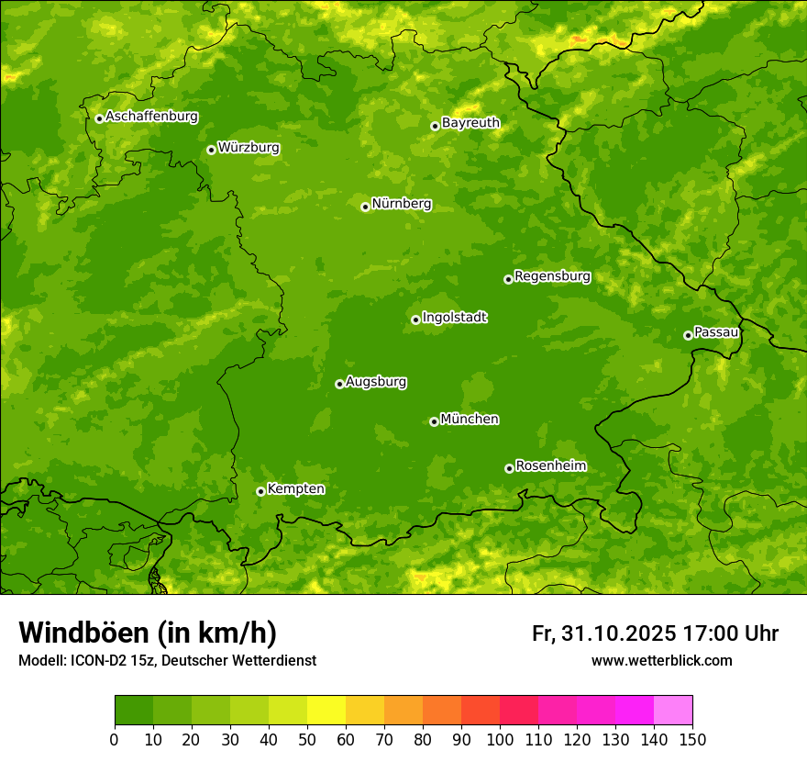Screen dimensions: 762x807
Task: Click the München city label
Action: pyautogui.click(x=470, y=420)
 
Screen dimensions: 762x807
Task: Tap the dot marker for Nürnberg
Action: pyautogui.click(x=365, y=207)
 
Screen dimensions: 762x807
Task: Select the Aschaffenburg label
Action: pyautogui.click(x=151, y=117)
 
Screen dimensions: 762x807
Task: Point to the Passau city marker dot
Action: pyautogui.click(x=688, y=335)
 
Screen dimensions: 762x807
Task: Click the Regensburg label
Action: pyautogui.click(x=552, y=276)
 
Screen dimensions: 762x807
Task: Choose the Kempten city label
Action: pyautogui.click(x=295, y=489)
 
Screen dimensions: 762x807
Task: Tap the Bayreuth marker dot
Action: pyautogui.click(x=435, y=126)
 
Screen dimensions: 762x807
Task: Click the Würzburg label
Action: pyautogui.click(x=249, y=148)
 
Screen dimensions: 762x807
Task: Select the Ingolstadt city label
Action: pyautogui.click(x=454, y=318)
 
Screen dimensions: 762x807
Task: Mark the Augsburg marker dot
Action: pyautogui.click(x=339, y=384)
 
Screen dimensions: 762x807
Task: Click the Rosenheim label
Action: pyautogui.click(x=550, y=466)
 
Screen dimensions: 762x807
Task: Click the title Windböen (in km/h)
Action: pyautogui.click(x=148, y=633)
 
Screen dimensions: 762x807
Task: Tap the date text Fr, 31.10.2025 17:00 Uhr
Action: pyautogui.click(x=655, y=633)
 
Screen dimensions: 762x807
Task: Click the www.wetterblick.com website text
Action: pyautogui.click(x=661, y=660)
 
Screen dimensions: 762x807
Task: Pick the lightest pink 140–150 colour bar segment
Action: pyautogui.click(x=673, y=711)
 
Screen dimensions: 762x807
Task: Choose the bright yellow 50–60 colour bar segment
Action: pyautogui.click(x=326, y=711)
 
